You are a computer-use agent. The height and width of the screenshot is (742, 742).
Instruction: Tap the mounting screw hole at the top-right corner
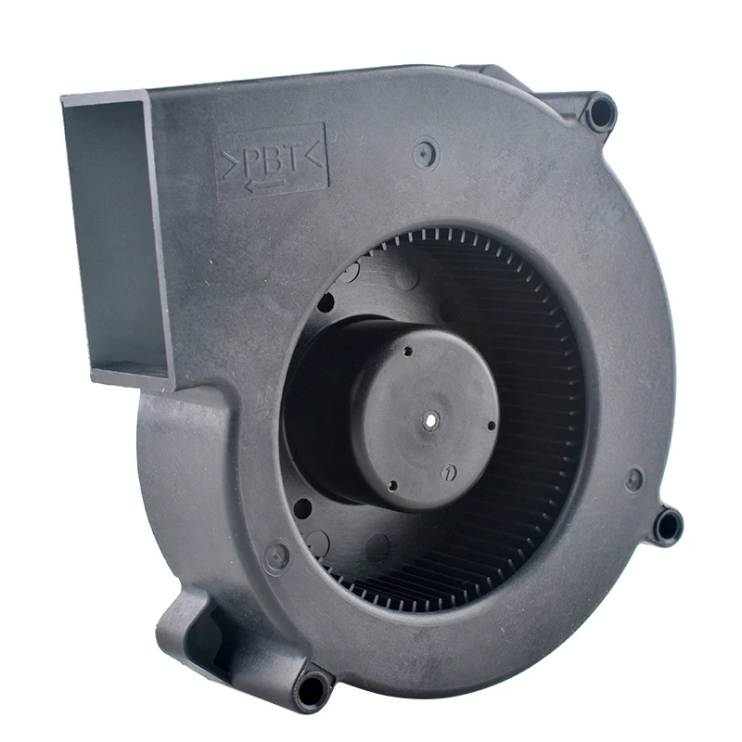[x=601, y=113]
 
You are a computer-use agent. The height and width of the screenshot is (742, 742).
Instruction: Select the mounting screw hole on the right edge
[x=667, y=526]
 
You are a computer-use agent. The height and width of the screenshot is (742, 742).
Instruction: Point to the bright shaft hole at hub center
[x=432, y=420]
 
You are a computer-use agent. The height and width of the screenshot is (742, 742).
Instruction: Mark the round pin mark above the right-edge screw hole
[x=633, y=480]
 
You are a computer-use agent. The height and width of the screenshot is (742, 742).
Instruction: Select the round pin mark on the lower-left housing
[x=275, y=557]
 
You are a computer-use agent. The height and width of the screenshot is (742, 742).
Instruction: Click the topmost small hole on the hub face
[x=406, y=352]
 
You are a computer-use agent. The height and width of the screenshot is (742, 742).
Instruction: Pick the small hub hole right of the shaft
[x=491, y=426]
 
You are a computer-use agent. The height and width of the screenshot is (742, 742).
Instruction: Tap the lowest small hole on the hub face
[x=392, y=484]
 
